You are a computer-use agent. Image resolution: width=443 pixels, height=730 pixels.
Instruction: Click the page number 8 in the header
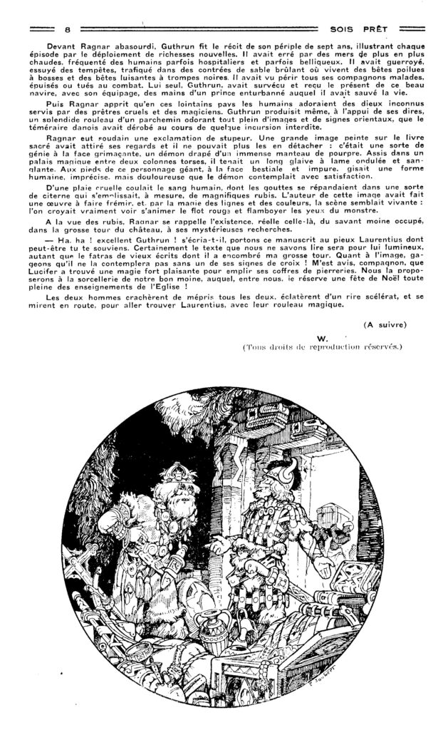[x=67, y=29]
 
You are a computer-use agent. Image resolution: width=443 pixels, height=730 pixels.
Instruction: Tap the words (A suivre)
[x=385, y=324]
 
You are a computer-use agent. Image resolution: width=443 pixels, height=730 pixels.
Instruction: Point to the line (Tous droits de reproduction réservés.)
[x=323, y=347]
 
